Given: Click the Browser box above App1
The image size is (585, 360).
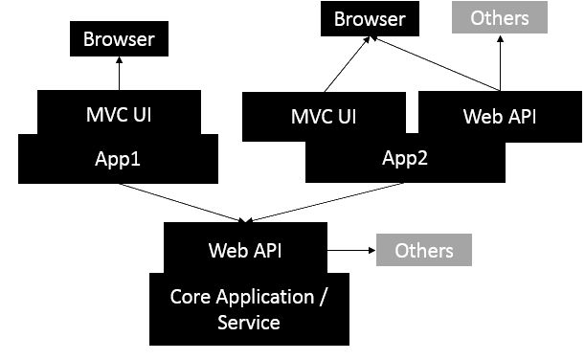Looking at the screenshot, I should [119, 40].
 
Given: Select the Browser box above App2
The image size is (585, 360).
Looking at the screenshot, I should [370, 19].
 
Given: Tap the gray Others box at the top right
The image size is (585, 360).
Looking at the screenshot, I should [499, 18].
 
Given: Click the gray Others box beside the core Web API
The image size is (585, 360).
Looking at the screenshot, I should [424, 250].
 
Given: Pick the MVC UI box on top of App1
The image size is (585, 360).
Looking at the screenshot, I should [119, 114].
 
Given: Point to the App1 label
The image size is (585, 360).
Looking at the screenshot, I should [119, 158].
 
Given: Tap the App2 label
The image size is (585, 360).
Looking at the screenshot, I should [406, 158].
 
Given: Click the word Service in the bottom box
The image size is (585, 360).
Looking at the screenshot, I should [249, 323].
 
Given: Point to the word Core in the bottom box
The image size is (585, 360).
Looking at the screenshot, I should [190, 296].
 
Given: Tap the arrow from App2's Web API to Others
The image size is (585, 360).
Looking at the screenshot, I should [498, 64].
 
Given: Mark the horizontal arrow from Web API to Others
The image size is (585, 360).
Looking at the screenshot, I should [350, 251].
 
